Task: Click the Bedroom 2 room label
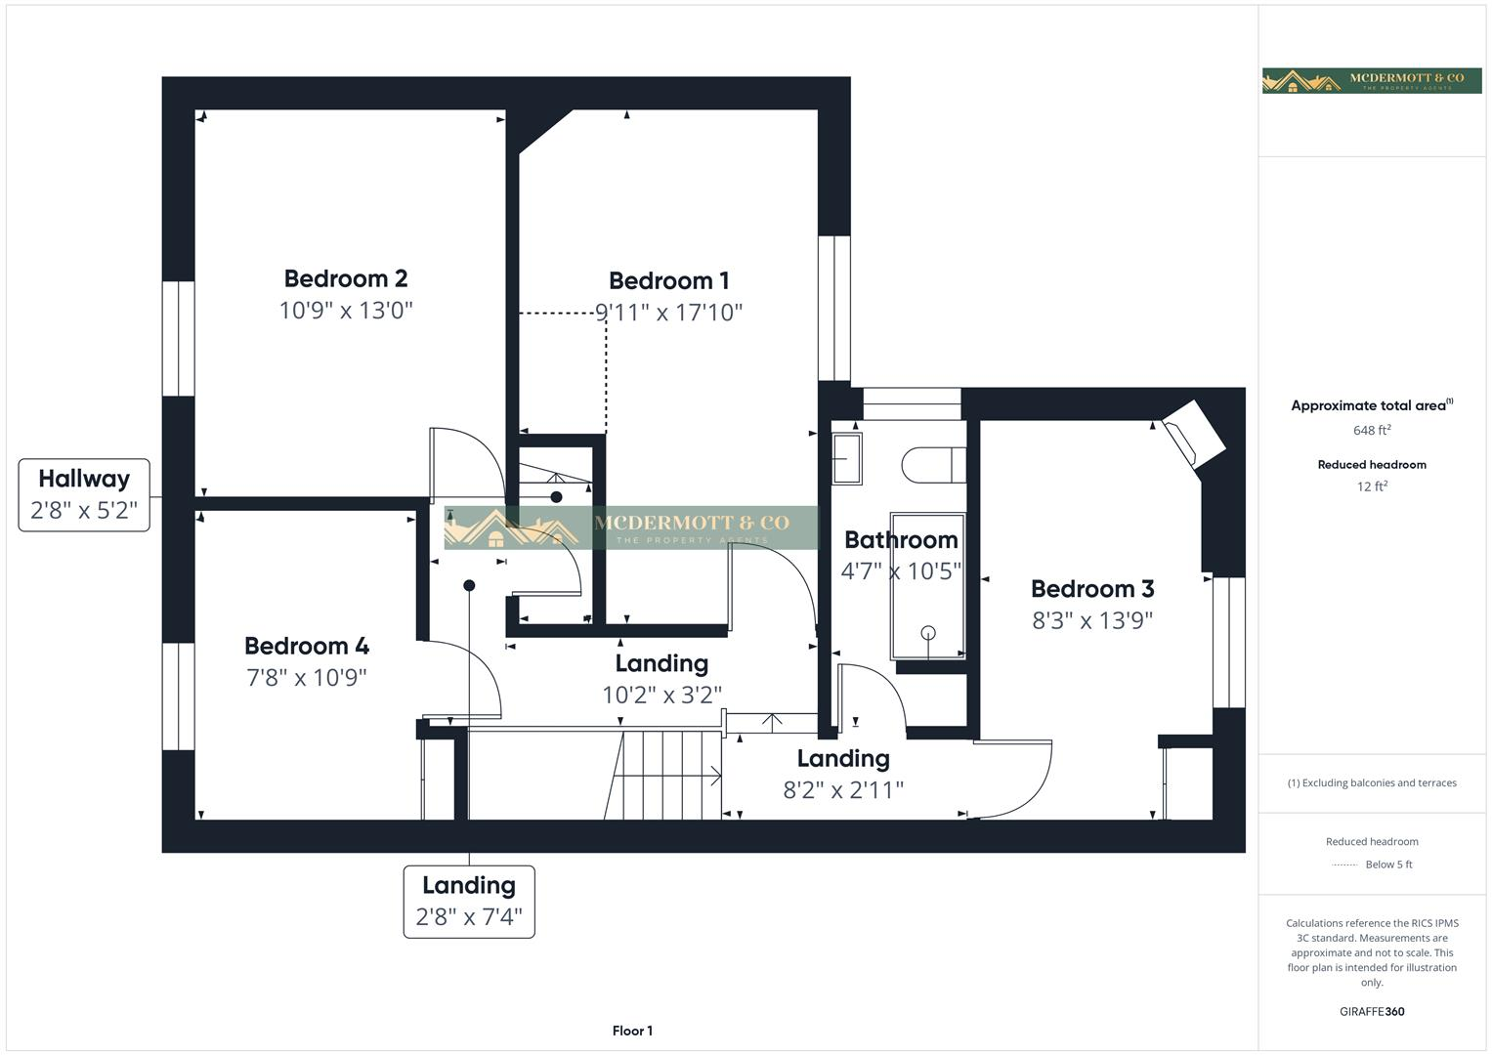[x=346, y=278]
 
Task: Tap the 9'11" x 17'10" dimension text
[x=669, y=313]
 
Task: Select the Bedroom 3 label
[x=1092, y=589]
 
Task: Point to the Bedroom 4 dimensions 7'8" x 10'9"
[x=307, y=677]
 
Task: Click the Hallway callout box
[x=84, y=495]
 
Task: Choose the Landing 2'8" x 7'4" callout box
[x=469, y=902]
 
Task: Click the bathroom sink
[x=846, y=459]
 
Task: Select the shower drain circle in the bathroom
[x=928, y=632]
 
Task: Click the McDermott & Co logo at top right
[x=1371, y=81]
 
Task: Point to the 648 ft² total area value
[x=1372, y=431]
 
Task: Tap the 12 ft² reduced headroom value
[x=1372, y=486]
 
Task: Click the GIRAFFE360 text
[x=1372, y=1011]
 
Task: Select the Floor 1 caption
[x=632, y=1031]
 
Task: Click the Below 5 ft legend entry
[x=1387, y=865]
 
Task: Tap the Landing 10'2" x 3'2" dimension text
[x=661, y=695]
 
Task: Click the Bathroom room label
[x=901, y=540]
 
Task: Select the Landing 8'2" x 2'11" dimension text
[x=843, y=790]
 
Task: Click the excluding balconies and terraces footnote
[x=1372, y=782]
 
